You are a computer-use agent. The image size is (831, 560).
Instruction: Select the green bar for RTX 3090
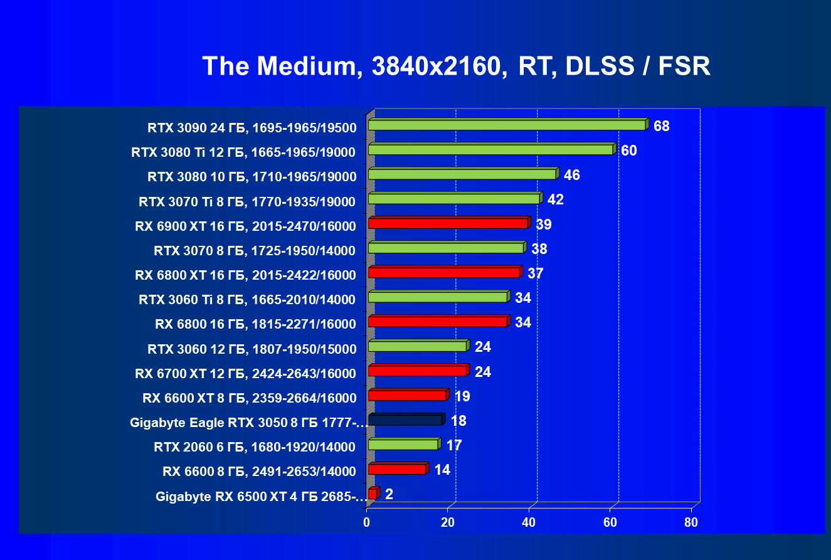pos(507,125)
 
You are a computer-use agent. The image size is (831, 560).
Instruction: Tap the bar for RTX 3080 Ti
pos(490,150)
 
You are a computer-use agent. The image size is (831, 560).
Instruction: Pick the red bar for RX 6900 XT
pos(448,223)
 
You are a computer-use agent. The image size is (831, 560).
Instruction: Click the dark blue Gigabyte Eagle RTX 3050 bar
pos(405,420)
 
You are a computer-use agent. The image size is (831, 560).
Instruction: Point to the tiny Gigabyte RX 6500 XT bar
pos(373,494)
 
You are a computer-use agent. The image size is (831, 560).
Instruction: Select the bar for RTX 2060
pos(403,445)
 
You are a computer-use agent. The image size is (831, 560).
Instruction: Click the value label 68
pos(661,127)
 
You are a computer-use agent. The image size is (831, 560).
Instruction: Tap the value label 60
pos(628,151)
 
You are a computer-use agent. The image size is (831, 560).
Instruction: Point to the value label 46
pos(571,176)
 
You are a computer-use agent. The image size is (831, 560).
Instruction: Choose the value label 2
pos(389,495)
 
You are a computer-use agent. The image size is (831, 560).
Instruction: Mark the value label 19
pos(462,396)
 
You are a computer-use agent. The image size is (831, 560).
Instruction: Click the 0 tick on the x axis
pos(367,522)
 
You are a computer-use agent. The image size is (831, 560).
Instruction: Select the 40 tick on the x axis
pos(529,522)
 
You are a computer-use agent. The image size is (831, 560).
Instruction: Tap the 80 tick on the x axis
pos(691,522)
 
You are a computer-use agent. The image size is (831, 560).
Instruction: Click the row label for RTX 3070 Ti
pos(247,202)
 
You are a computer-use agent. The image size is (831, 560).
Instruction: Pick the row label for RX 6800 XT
pos(245,275)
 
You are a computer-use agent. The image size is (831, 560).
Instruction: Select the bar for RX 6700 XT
pos(417,371)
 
